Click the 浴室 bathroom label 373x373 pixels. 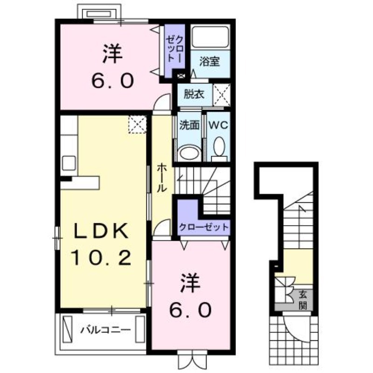tap(209, 62)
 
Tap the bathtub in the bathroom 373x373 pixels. tap(210, 37)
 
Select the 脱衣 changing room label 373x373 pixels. tap(194, 95)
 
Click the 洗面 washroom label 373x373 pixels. tap(189, 125)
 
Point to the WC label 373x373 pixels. tap(218, 125)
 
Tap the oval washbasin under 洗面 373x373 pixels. tap(189, 153)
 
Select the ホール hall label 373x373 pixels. tap(161, 177)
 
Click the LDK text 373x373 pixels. tap(101, 231)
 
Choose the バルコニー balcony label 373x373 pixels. tap(105, 330)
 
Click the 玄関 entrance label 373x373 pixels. tap(303, 300)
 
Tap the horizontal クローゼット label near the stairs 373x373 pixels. tap(204, 227)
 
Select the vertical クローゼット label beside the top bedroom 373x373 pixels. tap(175, 49)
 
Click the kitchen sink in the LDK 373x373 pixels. tap(69, 163)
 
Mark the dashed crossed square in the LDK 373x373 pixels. tap(137, 124)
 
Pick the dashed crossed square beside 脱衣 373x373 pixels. tap(222, 95)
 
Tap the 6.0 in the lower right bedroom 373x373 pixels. tap(190, 310)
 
